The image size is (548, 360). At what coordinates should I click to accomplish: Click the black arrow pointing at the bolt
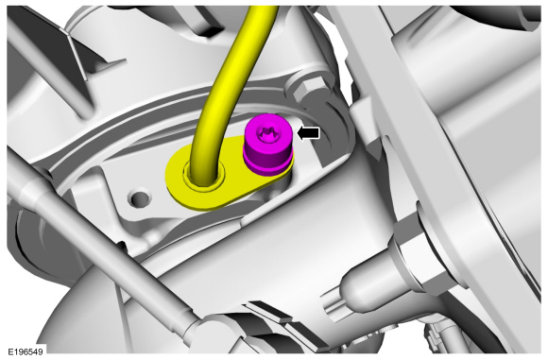pyautogui.click(x=308, y=133)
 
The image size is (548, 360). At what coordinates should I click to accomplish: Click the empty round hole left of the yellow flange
pyautogui.click(x=140, y=198)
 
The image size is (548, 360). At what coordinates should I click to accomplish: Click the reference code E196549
pyautogui.click(x=26, y=351)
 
